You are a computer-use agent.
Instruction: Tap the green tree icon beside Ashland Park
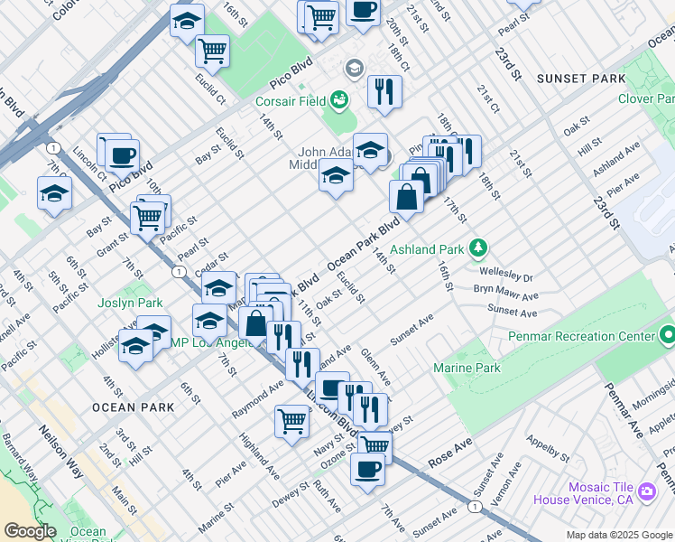(x=479, y=248)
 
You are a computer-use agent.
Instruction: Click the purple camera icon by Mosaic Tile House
(x=646, y=492)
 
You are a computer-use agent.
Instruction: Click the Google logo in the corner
(x=30, y=531)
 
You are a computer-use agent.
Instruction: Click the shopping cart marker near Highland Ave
(x=291, y=420)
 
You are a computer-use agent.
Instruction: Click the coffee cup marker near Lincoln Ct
(x=122, y=154)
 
